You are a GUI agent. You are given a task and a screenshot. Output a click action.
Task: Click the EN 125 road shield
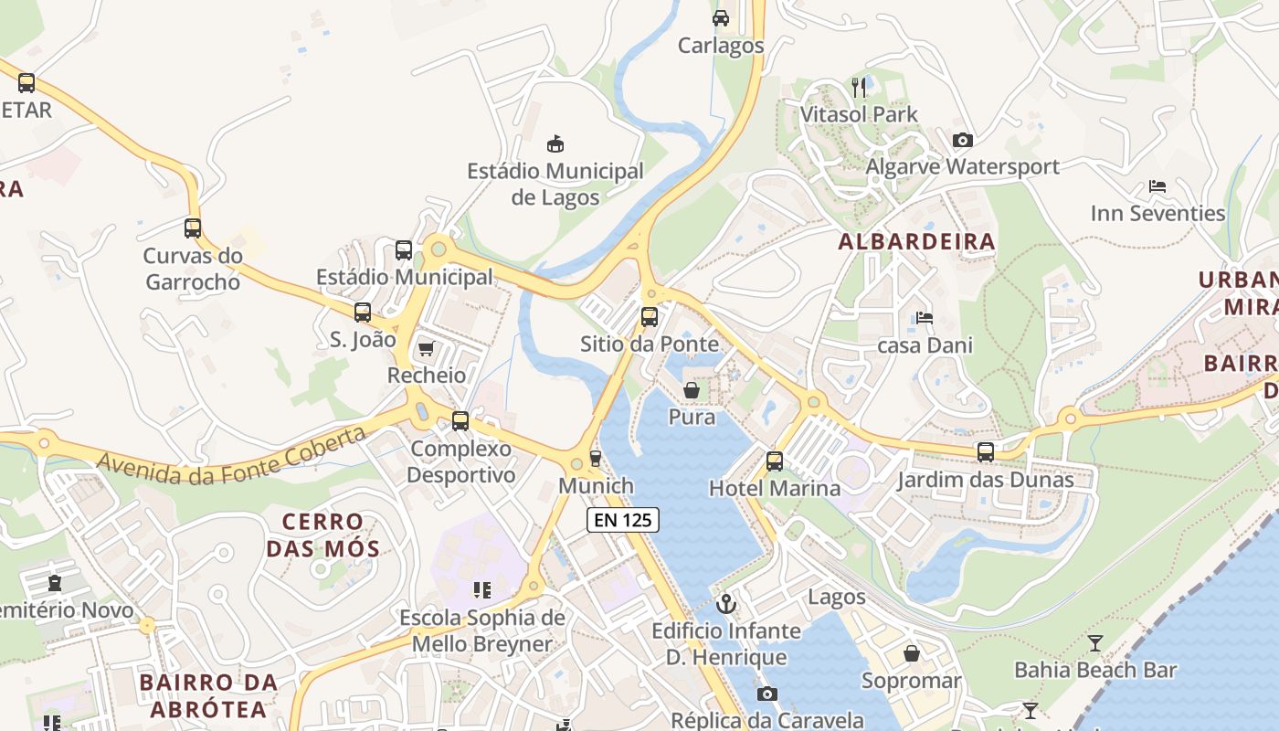622,520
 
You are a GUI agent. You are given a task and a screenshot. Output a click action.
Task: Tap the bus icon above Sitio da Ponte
649,317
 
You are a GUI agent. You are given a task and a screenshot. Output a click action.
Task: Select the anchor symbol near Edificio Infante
726,604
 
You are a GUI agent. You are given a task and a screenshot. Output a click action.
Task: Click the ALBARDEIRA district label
916,242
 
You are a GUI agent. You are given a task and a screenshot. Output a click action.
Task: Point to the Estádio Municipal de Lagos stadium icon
555,143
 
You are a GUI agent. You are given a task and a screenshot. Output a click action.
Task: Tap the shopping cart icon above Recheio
426,348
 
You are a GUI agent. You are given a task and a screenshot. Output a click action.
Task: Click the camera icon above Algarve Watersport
962,140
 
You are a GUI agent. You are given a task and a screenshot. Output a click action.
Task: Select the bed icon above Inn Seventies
1157,186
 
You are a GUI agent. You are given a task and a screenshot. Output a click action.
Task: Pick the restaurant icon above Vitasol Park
859,88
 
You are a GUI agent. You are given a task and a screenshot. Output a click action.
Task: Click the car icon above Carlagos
721,18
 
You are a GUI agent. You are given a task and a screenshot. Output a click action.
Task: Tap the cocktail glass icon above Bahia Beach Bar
1095,643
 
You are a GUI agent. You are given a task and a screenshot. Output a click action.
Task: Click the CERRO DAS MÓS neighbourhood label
322,535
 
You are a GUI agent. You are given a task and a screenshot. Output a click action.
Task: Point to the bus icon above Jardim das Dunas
985,452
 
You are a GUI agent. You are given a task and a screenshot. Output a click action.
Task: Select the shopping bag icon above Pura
692,390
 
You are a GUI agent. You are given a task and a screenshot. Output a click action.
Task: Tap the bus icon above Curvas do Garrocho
192,228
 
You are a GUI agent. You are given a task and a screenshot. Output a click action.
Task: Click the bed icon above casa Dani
925,318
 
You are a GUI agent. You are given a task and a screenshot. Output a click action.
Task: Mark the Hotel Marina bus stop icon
774,461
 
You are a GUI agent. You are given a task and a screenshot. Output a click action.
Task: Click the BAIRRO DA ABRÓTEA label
208,695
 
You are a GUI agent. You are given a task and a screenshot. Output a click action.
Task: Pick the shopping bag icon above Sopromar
911,653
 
